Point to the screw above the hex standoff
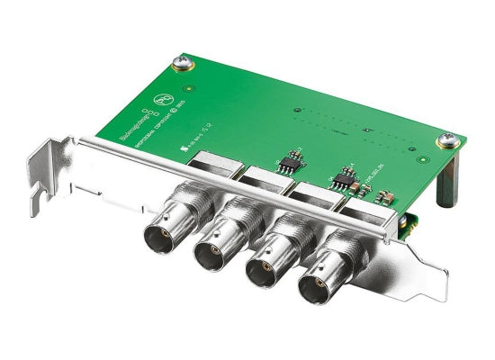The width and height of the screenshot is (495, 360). (445, 140)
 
